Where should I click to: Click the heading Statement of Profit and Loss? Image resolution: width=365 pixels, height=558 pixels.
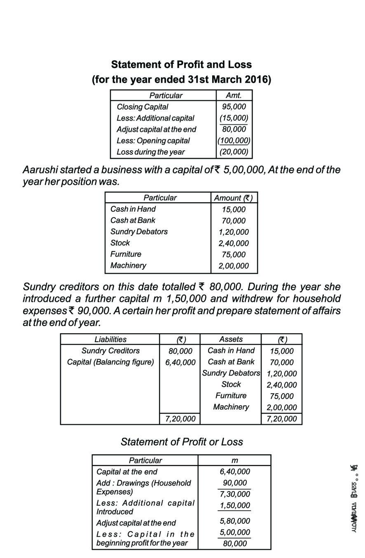click(181, 65)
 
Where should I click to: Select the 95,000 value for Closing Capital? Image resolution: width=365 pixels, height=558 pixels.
click(234, 107)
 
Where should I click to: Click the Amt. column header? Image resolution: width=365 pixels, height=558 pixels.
click(234, 96)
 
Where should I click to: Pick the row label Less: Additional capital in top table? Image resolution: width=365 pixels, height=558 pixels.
click(155, 118)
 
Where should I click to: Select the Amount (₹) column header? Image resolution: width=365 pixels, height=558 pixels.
click(234, 198)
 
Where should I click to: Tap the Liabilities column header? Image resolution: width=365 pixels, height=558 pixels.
click(110, 339)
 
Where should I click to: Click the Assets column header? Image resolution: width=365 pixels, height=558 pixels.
click(231, 339)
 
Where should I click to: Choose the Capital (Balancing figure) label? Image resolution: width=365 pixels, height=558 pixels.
click(110, 362)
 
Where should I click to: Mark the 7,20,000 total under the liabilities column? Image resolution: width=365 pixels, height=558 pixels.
click(180, 419)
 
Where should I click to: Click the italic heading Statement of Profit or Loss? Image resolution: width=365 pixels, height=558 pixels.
click(182, 442)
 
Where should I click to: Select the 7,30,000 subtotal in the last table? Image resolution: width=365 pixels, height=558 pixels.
click(234, 494)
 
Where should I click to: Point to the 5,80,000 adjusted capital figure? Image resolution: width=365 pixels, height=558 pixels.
click(234, 521)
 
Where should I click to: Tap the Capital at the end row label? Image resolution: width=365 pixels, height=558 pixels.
click(126, 472)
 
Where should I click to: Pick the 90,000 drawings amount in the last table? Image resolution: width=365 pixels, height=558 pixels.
click(234, 483)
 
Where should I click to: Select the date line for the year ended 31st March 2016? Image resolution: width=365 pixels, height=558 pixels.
click(181, 79)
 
